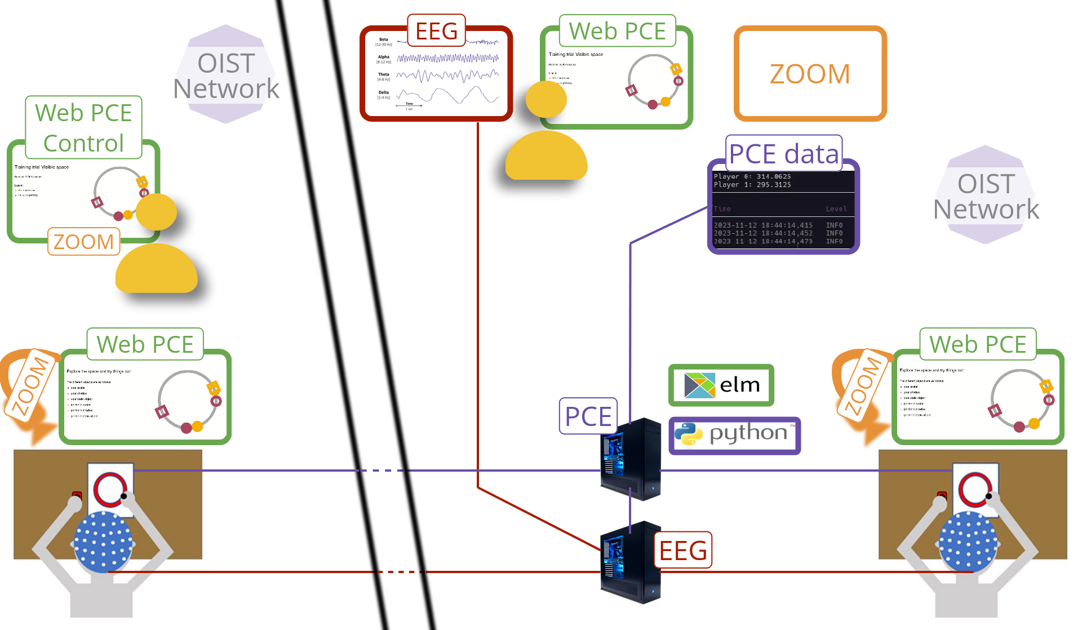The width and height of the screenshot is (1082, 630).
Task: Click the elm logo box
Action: click(721, 385)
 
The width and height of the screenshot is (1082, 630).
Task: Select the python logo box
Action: click(734, 435)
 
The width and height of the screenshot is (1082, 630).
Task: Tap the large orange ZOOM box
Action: click(810, 74)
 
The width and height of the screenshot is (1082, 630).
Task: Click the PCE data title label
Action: click(783, 153)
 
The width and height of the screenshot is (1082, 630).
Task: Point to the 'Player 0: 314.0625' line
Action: click(752, 176)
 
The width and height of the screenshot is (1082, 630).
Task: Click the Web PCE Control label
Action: click(83, 127)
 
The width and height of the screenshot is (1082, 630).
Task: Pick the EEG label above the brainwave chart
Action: click(436, 30)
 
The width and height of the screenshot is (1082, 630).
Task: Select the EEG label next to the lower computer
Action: click(683, 550)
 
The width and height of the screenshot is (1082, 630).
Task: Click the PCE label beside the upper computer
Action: click(588, 416)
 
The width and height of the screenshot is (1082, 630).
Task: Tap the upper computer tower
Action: click(631, 459)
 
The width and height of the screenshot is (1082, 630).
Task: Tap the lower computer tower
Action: click(631, 562)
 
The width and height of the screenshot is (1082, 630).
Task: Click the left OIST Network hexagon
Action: click(226, 74)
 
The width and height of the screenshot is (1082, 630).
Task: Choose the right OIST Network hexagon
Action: click(986, 195)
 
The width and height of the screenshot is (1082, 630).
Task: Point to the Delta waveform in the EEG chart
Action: click(448, 95)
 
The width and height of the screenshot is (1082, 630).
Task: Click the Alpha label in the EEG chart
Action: click(384, 57)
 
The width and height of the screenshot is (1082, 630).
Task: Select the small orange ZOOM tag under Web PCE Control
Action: click(83, 242)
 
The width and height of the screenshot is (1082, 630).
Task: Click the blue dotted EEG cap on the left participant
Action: click(103, 541)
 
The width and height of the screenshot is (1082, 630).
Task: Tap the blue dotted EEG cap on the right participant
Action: click(968, 541)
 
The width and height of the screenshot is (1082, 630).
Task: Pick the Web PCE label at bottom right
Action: click(978, 344)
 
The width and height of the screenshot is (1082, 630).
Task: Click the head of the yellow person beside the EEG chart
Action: click(546, 100)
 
